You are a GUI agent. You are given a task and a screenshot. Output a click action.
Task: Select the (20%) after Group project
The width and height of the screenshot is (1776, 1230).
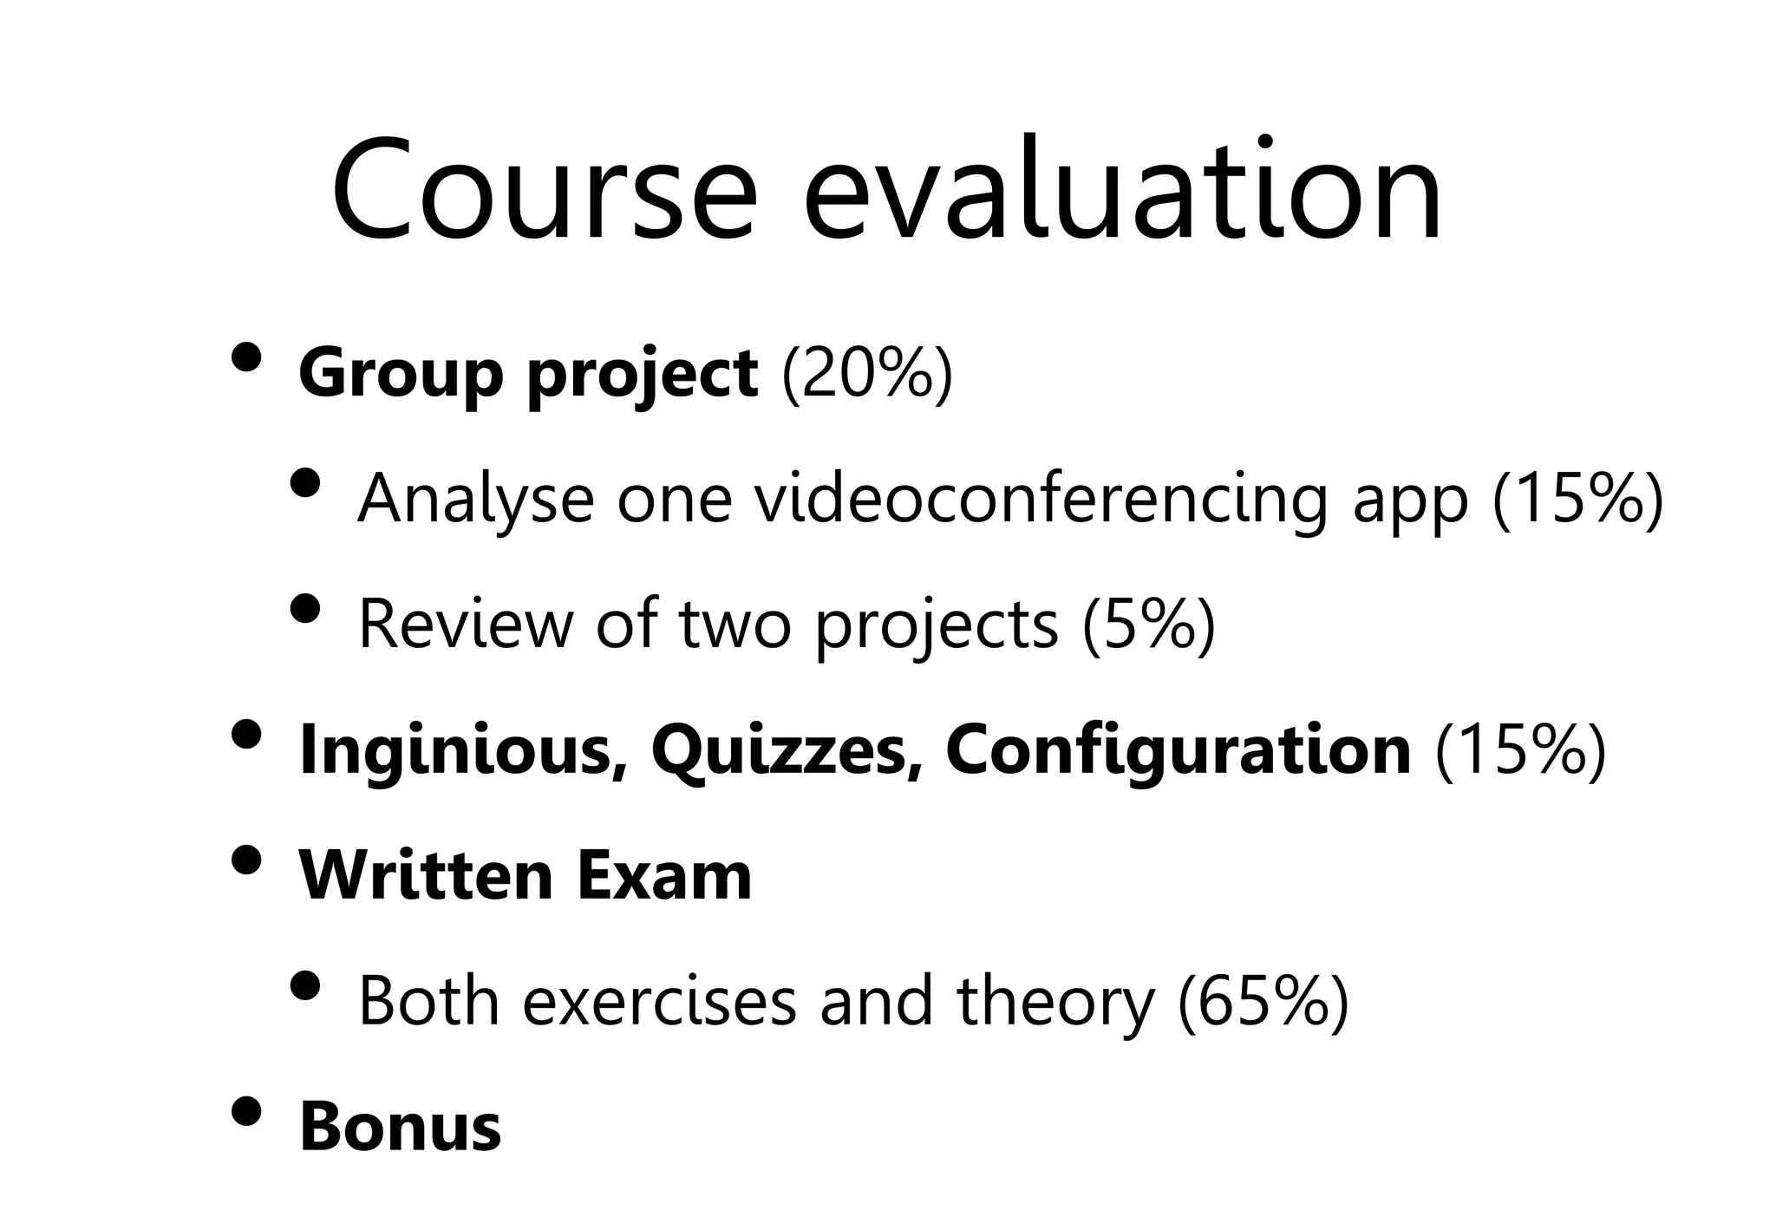click(867, 374)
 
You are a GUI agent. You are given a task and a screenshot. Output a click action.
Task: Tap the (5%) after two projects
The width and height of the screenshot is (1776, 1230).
click(1149, 625)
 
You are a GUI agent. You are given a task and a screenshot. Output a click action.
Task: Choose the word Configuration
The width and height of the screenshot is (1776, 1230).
click(1178, 750)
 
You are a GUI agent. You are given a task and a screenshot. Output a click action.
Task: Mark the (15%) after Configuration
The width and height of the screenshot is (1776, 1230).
click(1521, 750)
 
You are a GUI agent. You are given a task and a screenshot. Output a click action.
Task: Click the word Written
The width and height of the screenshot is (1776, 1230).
click(426, 876)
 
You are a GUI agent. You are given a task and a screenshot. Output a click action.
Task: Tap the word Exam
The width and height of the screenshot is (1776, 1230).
click(663, 876)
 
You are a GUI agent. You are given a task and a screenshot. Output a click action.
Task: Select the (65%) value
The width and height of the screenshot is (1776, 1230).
click(1263, 1002)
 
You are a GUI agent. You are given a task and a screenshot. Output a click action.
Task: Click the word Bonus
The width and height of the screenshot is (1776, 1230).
click(400, 1128)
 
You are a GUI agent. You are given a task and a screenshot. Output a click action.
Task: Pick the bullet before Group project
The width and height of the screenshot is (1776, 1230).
click(247, 357)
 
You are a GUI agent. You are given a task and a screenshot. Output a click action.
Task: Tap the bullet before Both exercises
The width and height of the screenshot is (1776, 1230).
click(305, 985)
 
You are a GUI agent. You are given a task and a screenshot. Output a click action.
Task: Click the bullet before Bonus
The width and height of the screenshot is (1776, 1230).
click(247, 1111)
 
